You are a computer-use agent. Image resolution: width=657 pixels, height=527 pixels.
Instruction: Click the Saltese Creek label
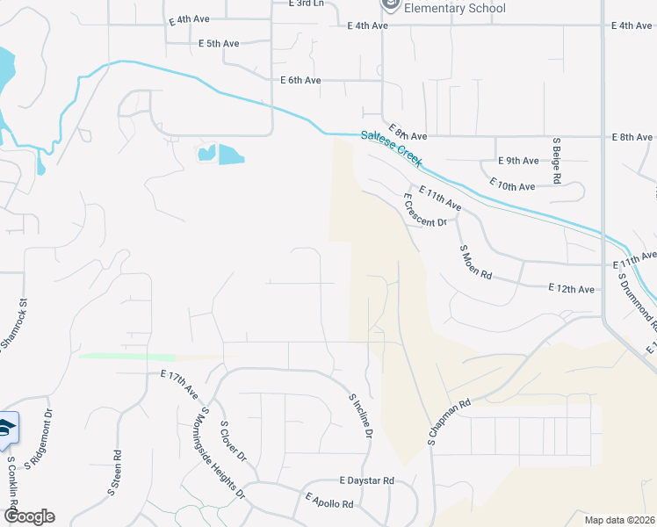392,148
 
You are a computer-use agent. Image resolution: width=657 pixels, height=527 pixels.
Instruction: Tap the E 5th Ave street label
219,43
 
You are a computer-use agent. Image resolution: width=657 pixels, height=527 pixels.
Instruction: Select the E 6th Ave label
300,80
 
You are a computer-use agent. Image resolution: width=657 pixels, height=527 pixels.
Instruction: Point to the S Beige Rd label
557,160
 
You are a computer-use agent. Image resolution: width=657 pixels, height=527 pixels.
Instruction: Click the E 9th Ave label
518,161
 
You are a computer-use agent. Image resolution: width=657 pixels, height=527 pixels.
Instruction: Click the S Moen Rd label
476,262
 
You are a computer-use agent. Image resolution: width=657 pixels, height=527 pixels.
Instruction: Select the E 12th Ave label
571,288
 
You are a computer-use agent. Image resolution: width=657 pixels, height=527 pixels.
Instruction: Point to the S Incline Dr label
361,415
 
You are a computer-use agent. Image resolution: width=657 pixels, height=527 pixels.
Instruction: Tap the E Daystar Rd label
367,481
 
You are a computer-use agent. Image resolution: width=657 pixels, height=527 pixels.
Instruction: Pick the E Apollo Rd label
329,501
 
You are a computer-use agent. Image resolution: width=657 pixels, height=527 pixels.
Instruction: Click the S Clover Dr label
234,444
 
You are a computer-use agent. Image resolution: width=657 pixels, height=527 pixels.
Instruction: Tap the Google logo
28,516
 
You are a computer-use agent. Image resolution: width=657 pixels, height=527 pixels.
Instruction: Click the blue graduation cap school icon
5,428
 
